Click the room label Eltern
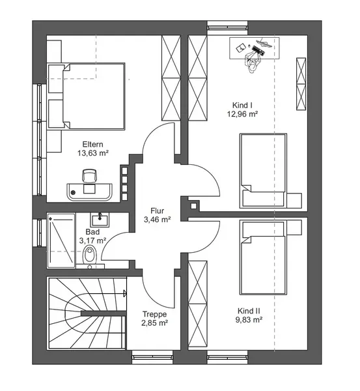coord(92,145)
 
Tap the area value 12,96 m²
coord(242,114)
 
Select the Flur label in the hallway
coord(157,210)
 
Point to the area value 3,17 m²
coord(92,240)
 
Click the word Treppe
coord(154,314)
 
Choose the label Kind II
coord(249,311)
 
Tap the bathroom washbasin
coord(100,220)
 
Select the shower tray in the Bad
coord(61,240)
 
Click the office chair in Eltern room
coord(89,175)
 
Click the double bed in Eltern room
coord(87,96)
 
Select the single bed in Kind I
coord(263,171)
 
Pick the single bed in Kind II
coord(263,257)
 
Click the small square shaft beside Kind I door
coord(193,206)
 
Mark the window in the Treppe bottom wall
coord(152,357)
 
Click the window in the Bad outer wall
coord(39,233)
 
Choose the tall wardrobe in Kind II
coord(197,304)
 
